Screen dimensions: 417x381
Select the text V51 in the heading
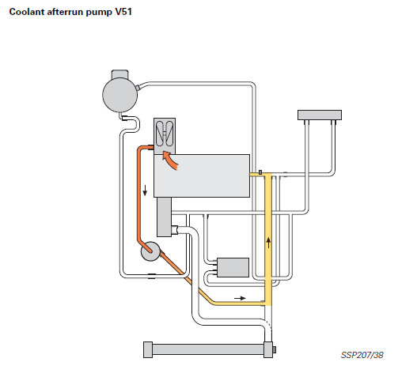coord(123,12)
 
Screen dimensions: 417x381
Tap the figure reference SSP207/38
coord(362,355)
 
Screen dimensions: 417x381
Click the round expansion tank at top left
coord(120,95)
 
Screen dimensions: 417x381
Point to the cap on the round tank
coord(119,74)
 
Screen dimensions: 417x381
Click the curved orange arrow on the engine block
coord(169,160)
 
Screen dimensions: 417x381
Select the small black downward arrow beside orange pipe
coord(145,190)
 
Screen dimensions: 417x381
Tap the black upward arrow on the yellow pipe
coord(268,243)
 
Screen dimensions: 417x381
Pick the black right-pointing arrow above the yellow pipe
coord(240,298)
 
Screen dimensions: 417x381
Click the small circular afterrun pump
coord(150,251)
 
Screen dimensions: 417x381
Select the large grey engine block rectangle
coord(202,175)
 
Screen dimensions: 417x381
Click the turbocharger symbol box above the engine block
coord(165,136)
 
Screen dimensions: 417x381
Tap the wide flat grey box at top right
coord(320,115)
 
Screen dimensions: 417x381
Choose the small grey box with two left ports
coord(233,267)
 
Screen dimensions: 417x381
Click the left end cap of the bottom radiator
coord(148,349)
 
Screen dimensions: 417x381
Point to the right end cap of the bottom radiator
coord(268,349)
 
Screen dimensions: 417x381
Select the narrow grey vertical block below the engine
coord(164,217)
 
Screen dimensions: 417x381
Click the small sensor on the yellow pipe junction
coord(260,172)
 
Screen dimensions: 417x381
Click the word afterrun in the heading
coord(65,12)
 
